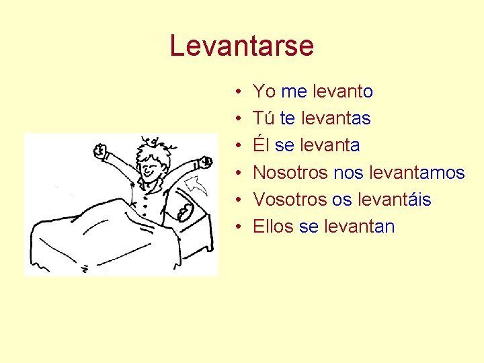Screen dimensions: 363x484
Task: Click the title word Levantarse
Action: (x=242, y=46)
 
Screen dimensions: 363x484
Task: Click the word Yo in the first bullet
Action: (x=264, y=91)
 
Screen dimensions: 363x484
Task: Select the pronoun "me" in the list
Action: (x=294, y=91)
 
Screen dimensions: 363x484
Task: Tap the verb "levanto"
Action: (x=342, y=91)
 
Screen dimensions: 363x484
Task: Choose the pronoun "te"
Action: (x=288, y=118)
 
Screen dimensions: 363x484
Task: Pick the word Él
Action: (x=261, y=145)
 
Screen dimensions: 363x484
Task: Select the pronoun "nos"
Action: (x=348, y=173)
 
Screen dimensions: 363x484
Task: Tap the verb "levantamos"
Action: (x=417, y=173)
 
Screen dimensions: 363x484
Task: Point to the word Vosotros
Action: (x=290, y=200)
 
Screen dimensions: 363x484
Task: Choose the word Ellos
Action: (x=273, y=227)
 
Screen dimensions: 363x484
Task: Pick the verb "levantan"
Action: (x=359, y=227)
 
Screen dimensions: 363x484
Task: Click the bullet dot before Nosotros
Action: (x=239, y=173)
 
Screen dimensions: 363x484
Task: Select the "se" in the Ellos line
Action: (x=308, y=227)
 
